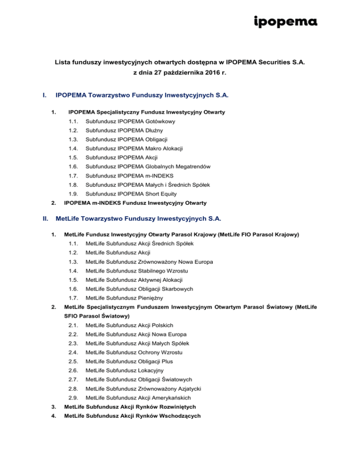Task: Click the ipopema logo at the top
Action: [285, 22]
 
